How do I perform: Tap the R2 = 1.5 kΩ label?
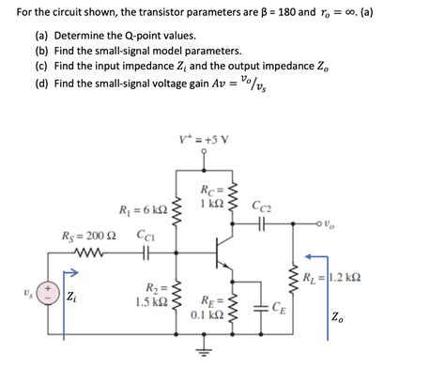pos(151,295)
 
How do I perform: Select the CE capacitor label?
pos(279,307)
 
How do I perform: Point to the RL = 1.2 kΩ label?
pos(332,278)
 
